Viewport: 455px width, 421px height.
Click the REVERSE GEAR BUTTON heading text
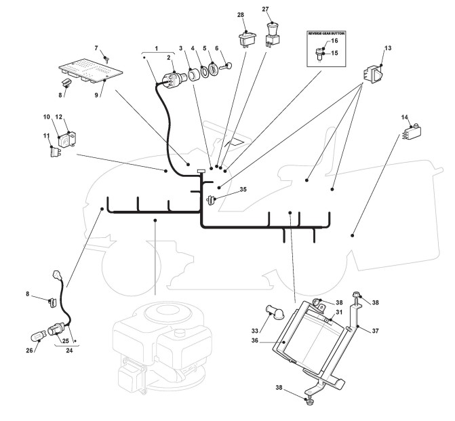(x=326, y=33)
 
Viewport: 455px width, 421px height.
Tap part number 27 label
(x=266, y=9)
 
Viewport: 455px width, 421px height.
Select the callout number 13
(x=388, y=48)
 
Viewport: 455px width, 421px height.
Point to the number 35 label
(x=243, y=189)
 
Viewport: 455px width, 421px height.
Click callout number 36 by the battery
(x=254, y=340)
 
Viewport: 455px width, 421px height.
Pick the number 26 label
(x=29, y=350)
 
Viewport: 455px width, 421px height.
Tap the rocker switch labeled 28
(x=248, y=39)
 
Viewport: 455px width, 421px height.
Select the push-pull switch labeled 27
(x=272, y=35)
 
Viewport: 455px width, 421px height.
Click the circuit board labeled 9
(x=91, y=71)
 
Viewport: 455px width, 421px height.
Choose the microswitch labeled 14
(x=412, y=132)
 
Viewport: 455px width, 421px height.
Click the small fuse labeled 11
(x=55, y=152)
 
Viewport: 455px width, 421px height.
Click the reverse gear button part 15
(x=319, y=54)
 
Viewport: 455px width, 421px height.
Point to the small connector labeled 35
(x=211, y=200)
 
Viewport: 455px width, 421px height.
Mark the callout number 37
(x=375, y=330)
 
